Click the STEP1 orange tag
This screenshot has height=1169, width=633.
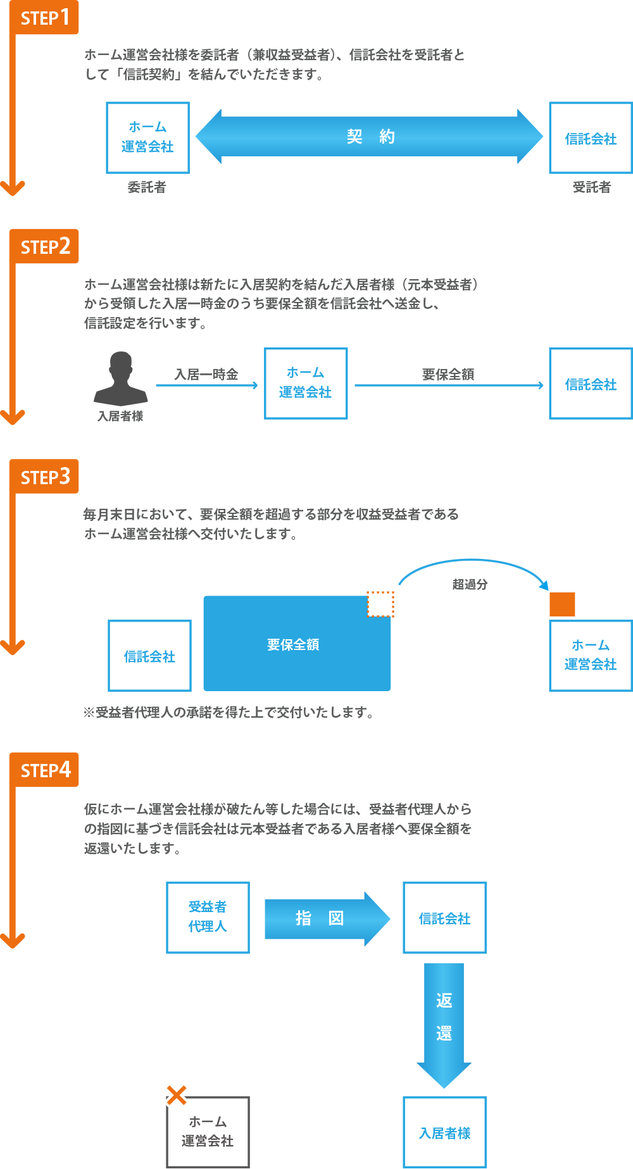[x=44, y=18]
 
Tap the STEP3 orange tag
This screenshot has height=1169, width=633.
[x=44, y=477]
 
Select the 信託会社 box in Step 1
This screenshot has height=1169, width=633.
[x=590, y=138]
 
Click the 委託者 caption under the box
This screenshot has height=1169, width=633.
[x=147, y=187]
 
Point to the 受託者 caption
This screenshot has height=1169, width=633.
[x=591, y=187]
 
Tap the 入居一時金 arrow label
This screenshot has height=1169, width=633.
[x=206, y=374]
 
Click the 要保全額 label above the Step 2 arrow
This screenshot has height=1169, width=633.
[x=448, y=374]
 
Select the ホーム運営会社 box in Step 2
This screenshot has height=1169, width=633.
[x=306, y=383]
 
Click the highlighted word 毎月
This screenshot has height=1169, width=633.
[x=94, y=515]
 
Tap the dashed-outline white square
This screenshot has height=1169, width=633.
[x=380, y=604]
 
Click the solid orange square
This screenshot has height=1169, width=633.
[x=562, y=604]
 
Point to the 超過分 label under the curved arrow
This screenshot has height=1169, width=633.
[x=470, y=584]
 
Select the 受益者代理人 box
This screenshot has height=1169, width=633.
[x=208, y=917]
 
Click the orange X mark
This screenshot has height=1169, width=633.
[x=177, y=1094]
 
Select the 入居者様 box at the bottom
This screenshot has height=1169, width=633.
[x=444, y=1133]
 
